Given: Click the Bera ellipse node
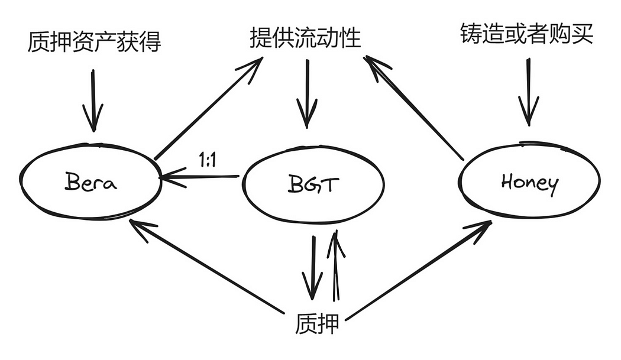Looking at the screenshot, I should click(x=90, y=181).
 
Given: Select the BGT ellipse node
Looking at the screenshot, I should click(x=314, y=184).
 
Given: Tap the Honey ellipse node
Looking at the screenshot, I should click(x=529, y=182).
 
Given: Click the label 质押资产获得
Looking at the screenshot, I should click(x=94, y=43).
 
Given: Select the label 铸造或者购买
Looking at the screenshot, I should click(x=526, y=35).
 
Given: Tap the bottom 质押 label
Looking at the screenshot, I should click(x=317, y=323).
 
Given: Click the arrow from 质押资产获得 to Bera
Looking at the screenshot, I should click(x=92, y=99).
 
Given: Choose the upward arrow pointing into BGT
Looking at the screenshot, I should click(x=335, y=266).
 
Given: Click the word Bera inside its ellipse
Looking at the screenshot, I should click(x=90, y=181).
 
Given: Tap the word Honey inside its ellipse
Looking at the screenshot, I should click(x=529, y=183).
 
